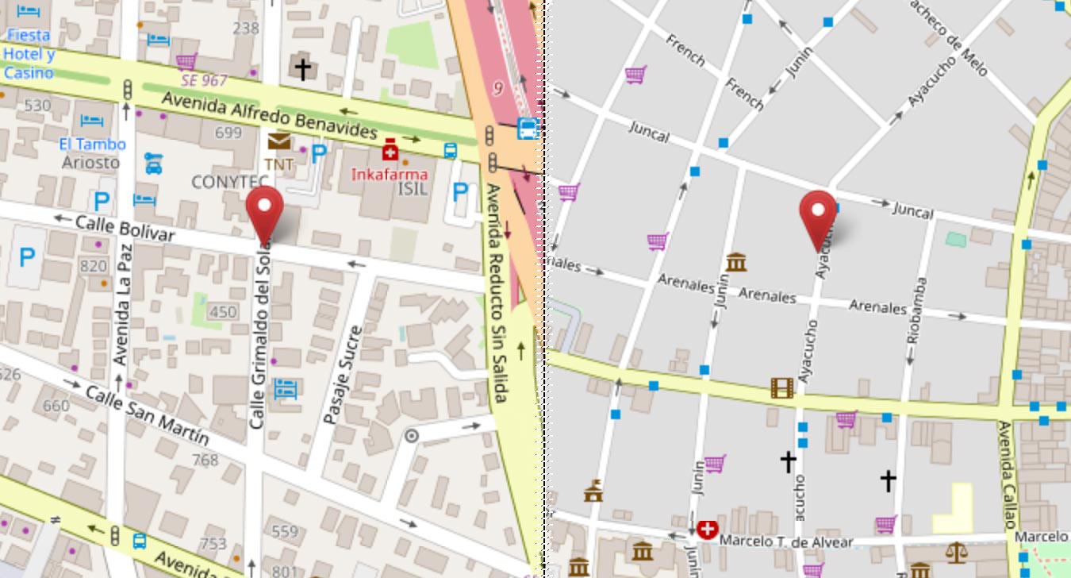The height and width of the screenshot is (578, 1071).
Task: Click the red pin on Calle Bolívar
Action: [x=264, y=213]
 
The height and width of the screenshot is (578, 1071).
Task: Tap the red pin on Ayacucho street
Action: [x=817, y=218]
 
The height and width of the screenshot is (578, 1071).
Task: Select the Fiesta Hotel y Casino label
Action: [x=29, y=54]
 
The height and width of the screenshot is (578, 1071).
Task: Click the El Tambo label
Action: [x=92, y=144]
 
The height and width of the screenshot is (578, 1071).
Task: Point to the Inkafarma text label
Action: [x=390, y=174]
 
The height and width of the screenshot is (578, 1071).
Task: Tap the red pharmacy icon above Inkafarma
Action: [x=390, y=150]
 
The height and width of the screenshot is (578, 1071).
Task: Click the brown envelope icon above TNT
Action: [x=278, y=142]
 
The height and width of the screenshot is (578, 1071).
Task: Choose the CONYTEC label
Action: [x=225, y=182]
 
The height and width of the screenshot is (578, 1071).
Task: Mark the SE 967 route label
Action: [x=203, y=80]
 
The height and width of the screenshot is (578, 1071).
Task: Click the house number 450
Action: [x=223, y=312]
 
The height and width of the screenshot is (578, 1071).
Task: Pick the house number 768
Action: [x=205, y=460]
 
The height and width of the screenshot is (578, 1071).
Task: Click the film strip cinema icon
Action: [x=781, y=387]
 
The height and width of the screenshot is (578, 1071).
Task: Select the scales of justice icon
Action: [x=957, y=550]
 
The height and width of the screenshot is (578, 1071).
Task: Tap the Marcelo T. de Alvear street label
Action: [x=786, y=542]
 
